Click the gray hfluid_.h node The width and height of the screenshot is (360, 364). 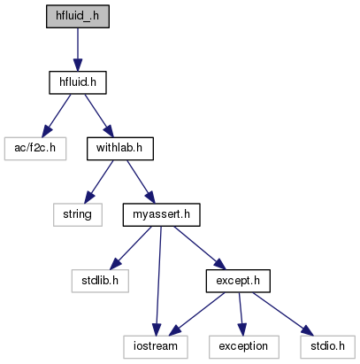[78, 17]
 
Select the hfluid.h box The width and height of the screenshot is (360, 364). [78, 82]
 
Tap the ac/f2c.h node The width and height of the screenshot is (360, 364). [35, 149]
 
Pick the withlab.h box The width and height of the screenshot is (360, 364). [120, 149]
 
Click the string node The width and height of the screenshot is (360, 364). [78, 215]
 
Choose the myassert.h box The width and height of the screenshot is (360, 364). [162, 215]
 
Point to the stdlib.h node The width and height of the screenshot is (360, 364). [100, 281]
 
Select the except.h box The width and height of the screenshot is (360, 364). [238, 281]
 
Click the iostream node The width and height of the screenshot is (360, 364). [156, 347]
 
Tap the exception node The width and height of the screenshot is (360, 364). [244, 347]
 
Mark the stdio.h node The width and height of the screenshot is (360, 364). [328, 347]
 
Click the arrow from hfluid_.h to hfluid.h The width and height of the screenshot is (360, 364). [78, 50]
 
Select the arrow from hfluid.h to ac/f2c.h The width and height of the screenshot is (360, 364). [57, 116]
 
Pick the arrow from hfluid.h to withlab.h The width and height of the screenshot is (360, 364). [99, 116]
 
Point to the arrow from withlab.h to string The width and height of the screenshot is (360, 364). [99, 182]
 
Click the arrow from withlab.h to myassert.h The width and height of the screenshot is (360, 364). [141, 182]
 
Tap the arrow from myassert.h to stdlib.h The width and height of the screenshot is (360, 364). [131, 248]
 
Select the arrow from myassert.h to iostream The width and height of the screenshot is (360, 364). [158, 281]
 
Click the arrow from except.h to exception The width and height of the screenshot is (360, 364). [241, 314]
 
